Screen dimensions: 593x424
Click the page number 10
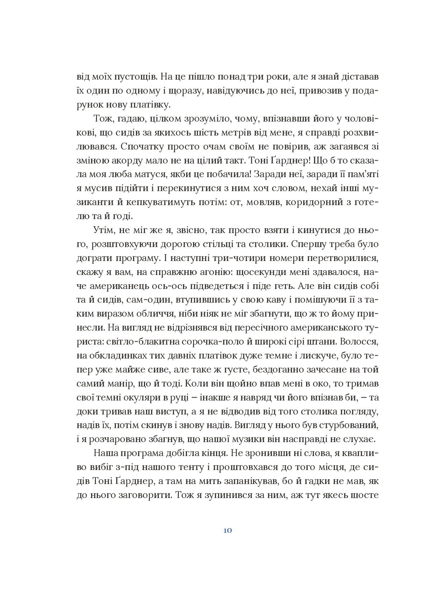(x=227, y=531)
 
